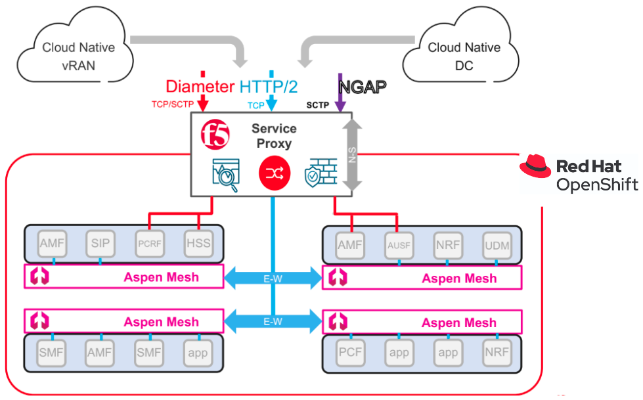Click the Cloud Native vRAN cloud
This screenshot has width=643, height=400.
tap(78, 56)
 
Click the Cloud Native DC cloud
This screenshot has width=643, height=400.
tap(463, 56)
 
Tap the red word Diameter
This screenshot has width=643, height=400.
tap(200, 86)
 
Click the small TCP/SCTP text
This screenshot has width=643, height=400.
tap(173, 104)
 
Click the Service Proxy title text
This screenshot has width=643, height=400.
tap(274, 136)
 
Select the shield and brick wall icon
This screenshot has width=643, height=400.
tap(321, 172)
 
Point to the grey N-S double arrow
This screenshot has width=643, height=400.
tap(353, 156)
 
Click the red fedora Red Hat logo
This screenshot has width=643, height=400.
tap(535, 167)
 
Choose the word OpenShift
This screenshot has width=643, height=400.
tap(596, 185)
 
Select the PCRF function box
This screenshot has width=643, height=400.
tap(149, 244)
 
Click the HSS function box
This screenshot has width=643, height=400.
tap(198, 244)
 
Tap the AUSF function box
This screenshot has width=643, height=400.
tap(399, 246)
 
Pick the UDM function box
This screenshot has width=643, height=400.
tap(496, 246)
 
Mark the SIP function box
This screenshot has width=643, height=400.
tap(100, 244)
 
